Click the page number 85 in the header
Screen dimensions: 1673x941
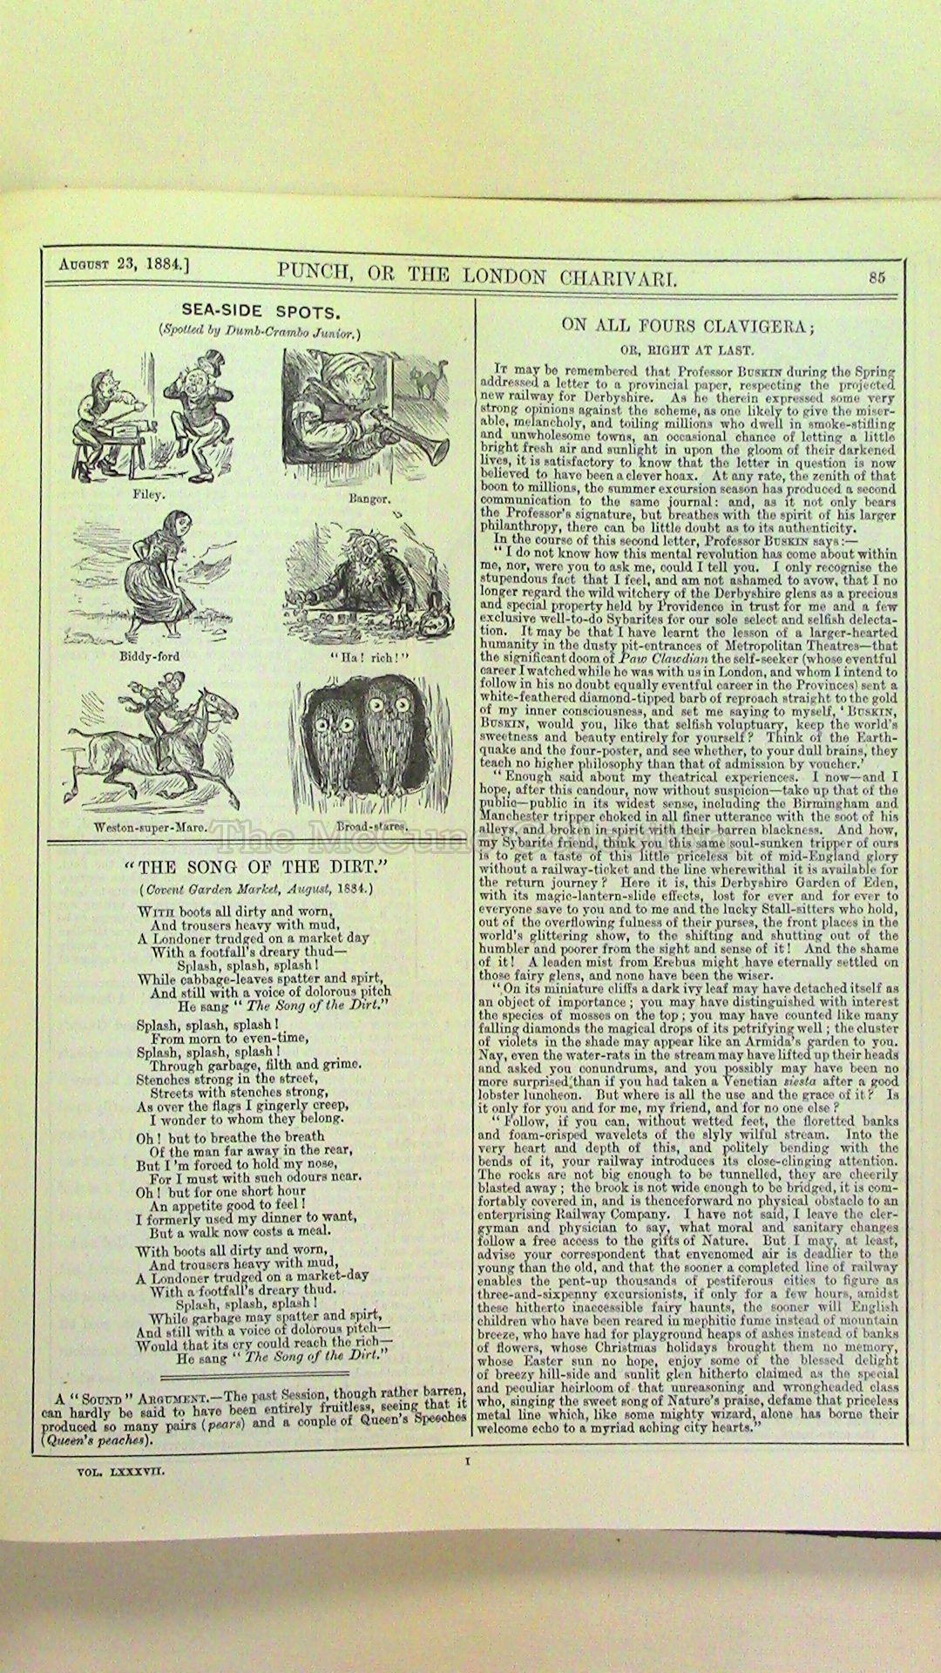876,278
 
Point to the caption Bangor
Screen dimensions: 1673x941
369,499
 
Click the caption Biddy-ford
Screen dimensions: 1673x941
149,656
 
